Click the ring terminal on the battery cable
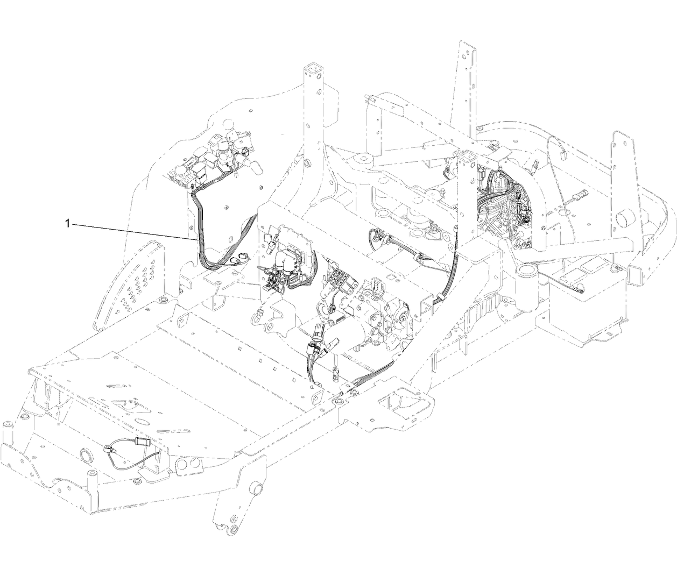click(580, 289)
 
